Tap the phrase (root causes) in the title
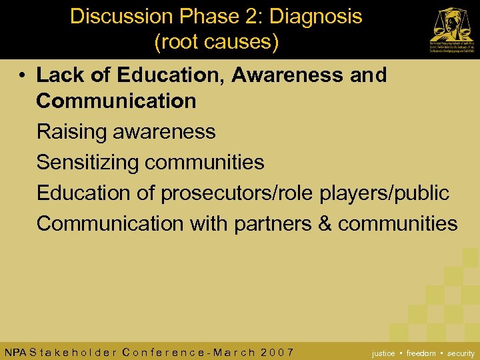coord(216,42)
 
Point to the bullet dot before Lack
coord(23,75)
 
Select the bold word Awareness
coord(287,75)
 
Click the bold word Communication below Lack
coord(116,101)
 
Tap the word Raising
coord(71,132)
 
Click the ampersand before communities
coord(325,223)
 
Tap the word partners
coord(273,223)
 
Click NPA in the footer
coord(15,352)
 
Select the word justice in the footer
coord(383,353)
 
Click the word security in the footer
coord(461,353)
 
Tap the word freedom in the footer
coord(421,353)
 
